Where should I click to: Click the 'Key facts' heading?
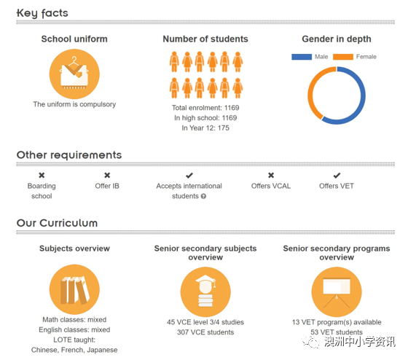42,13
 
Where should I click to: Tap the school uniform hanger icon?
74,74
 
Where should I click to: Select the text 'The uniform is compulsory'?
74,104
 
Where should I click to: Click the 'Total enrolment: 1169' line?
205,108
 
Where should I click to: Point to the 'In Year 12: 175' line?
205,128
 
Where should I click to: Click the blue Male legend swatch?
302,57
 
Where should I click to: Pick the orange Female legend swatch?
343,57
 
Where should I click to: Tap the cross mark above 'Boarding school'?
42,175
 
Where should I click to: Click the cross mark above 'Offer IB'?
107,175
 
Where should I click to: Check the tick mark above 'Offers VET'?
337,176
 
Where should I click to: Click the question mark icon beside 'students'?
203,196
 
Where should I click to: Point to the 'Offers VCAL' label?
271,186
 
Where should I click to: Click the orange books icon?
74,289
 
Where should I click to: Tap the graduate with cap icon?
205,291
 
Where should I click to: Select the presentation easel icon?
337,291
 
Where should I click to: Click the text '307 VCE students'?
205,332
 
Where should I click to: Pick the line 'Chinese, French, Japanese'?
74,350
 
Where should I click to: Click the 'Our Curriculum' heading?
57,223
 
